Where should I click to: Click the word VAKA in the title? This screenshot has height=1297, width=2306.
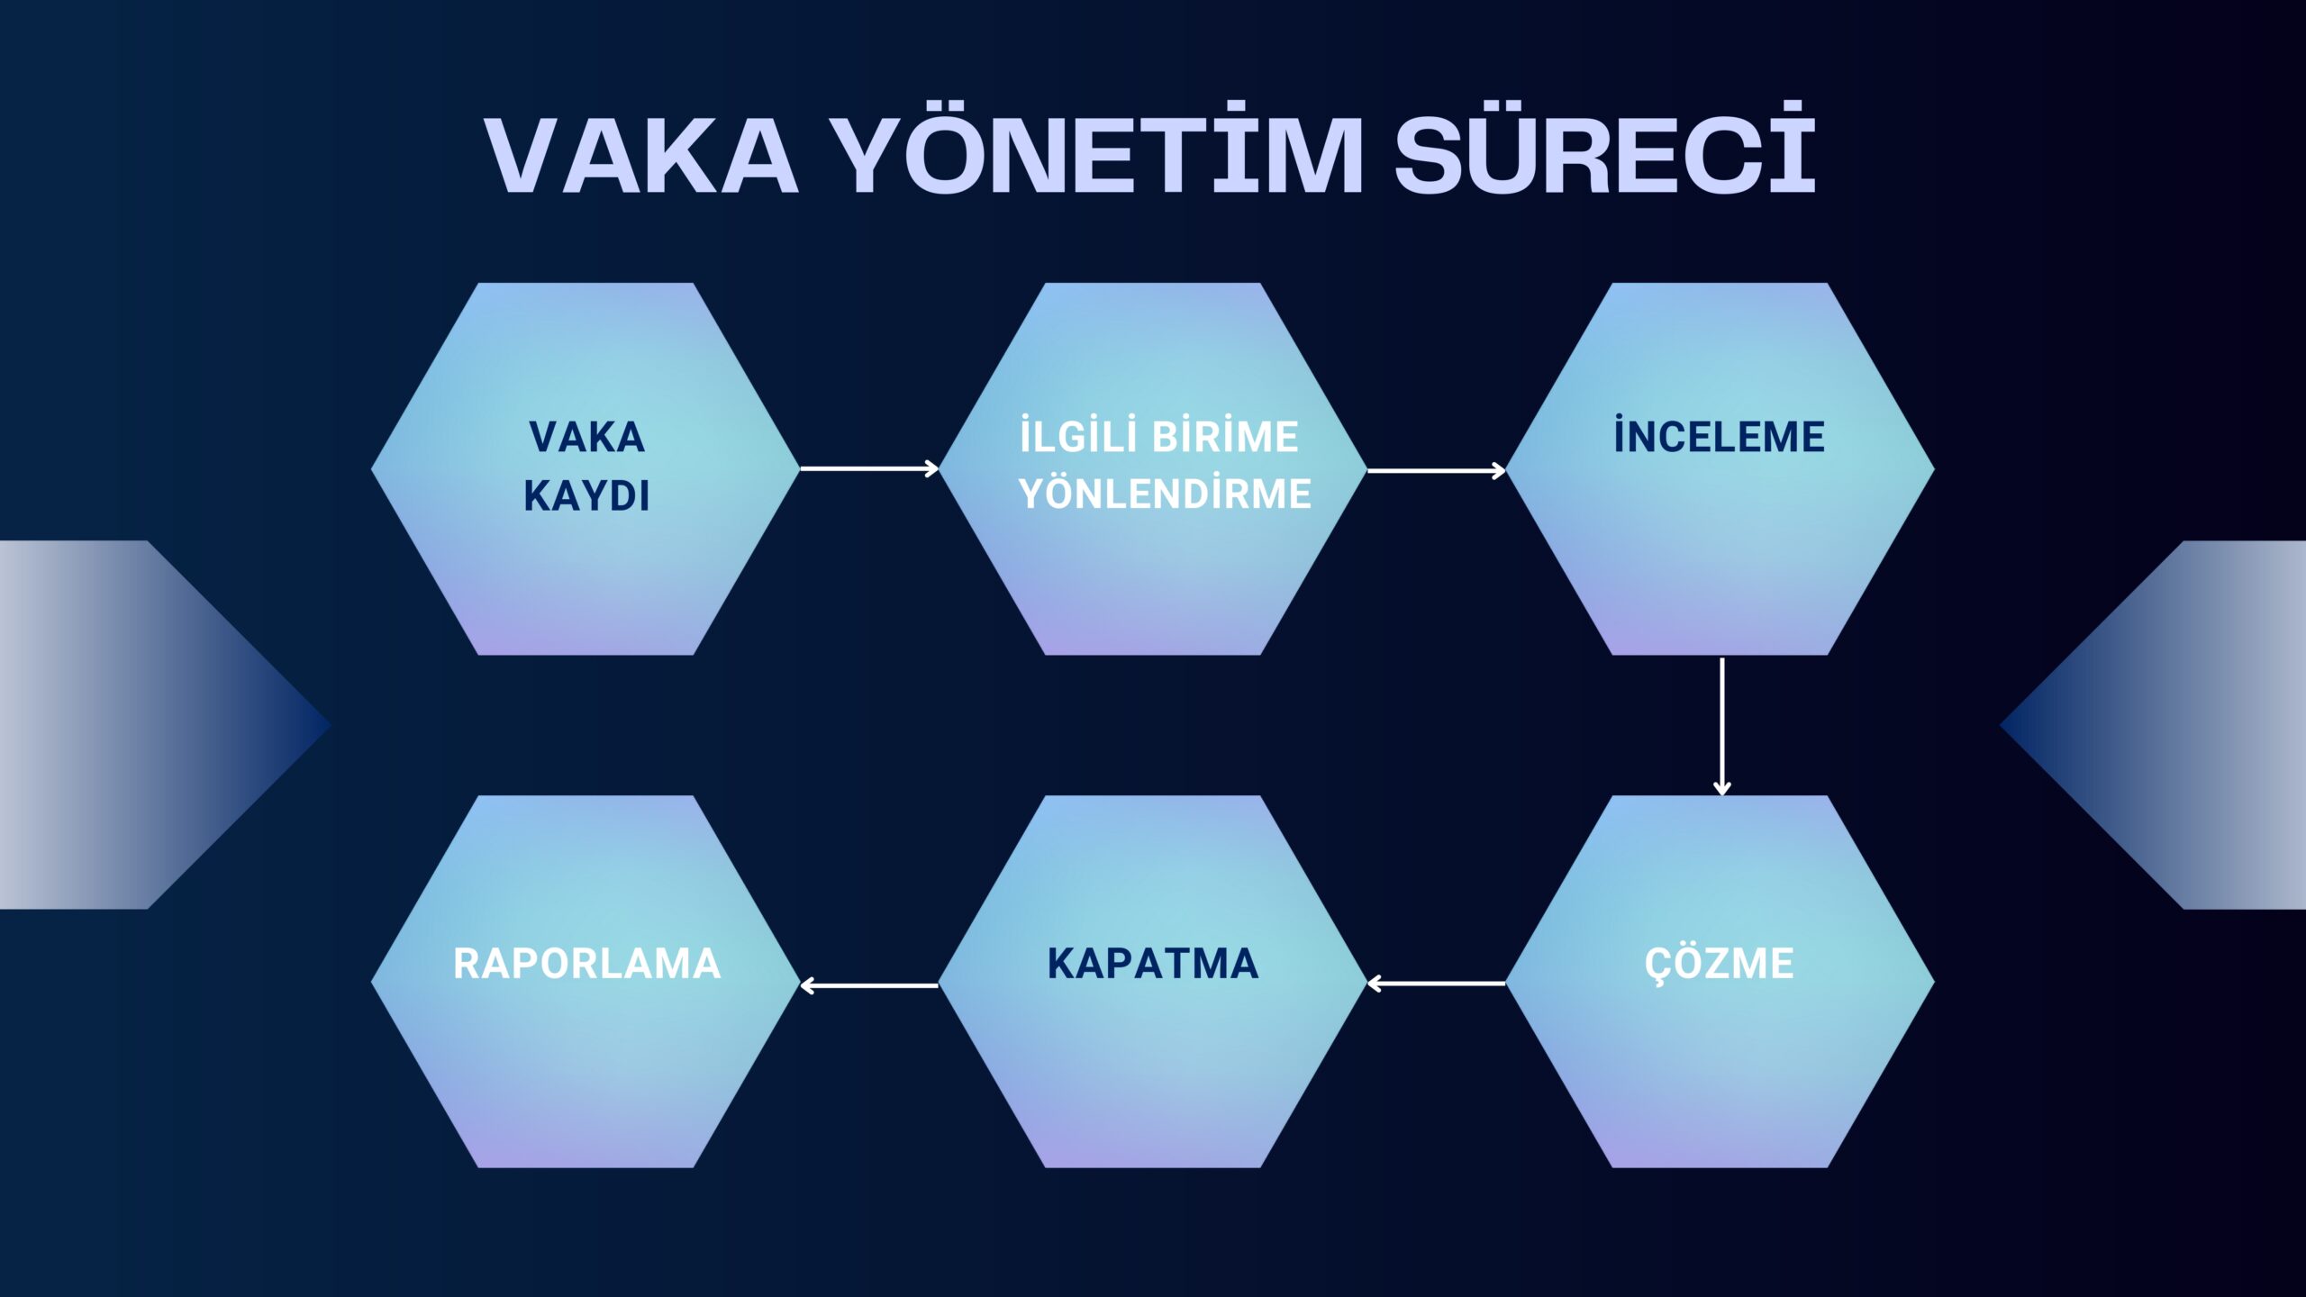641,154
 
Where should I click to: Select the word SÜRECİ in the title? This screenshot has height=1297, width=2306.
1605,149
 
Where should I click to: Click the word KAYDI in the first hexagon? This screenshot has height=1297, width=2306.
586,495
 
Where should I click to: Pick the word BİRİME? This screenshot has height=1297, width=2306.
1226,436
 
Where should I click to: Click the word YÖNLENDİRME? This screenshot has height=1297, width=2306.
1164,494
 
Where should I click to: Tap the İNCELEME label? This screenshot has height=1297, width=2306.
1719,436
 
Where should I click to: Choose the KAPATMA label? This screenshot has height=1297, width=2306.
1153,964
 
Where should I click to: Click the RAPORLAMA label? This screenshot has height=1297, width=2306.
586,964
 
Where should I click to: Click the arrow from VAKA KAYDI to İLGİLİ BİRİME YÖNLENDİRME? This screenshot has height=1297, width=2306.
869,468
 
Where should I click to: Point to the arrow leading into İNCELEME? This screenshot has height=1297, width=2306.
1436,470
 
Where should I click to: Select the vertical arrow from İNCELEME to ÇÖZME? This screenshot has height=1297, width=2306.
1722,726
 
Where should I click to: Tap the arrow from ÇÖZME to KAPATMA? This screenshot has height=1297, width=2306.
1436,984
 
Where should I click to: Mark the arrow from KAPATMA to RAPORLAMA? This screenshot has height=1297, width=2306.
869,985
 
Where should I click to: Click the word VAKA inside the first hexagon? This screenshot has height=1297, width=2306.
586,438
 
